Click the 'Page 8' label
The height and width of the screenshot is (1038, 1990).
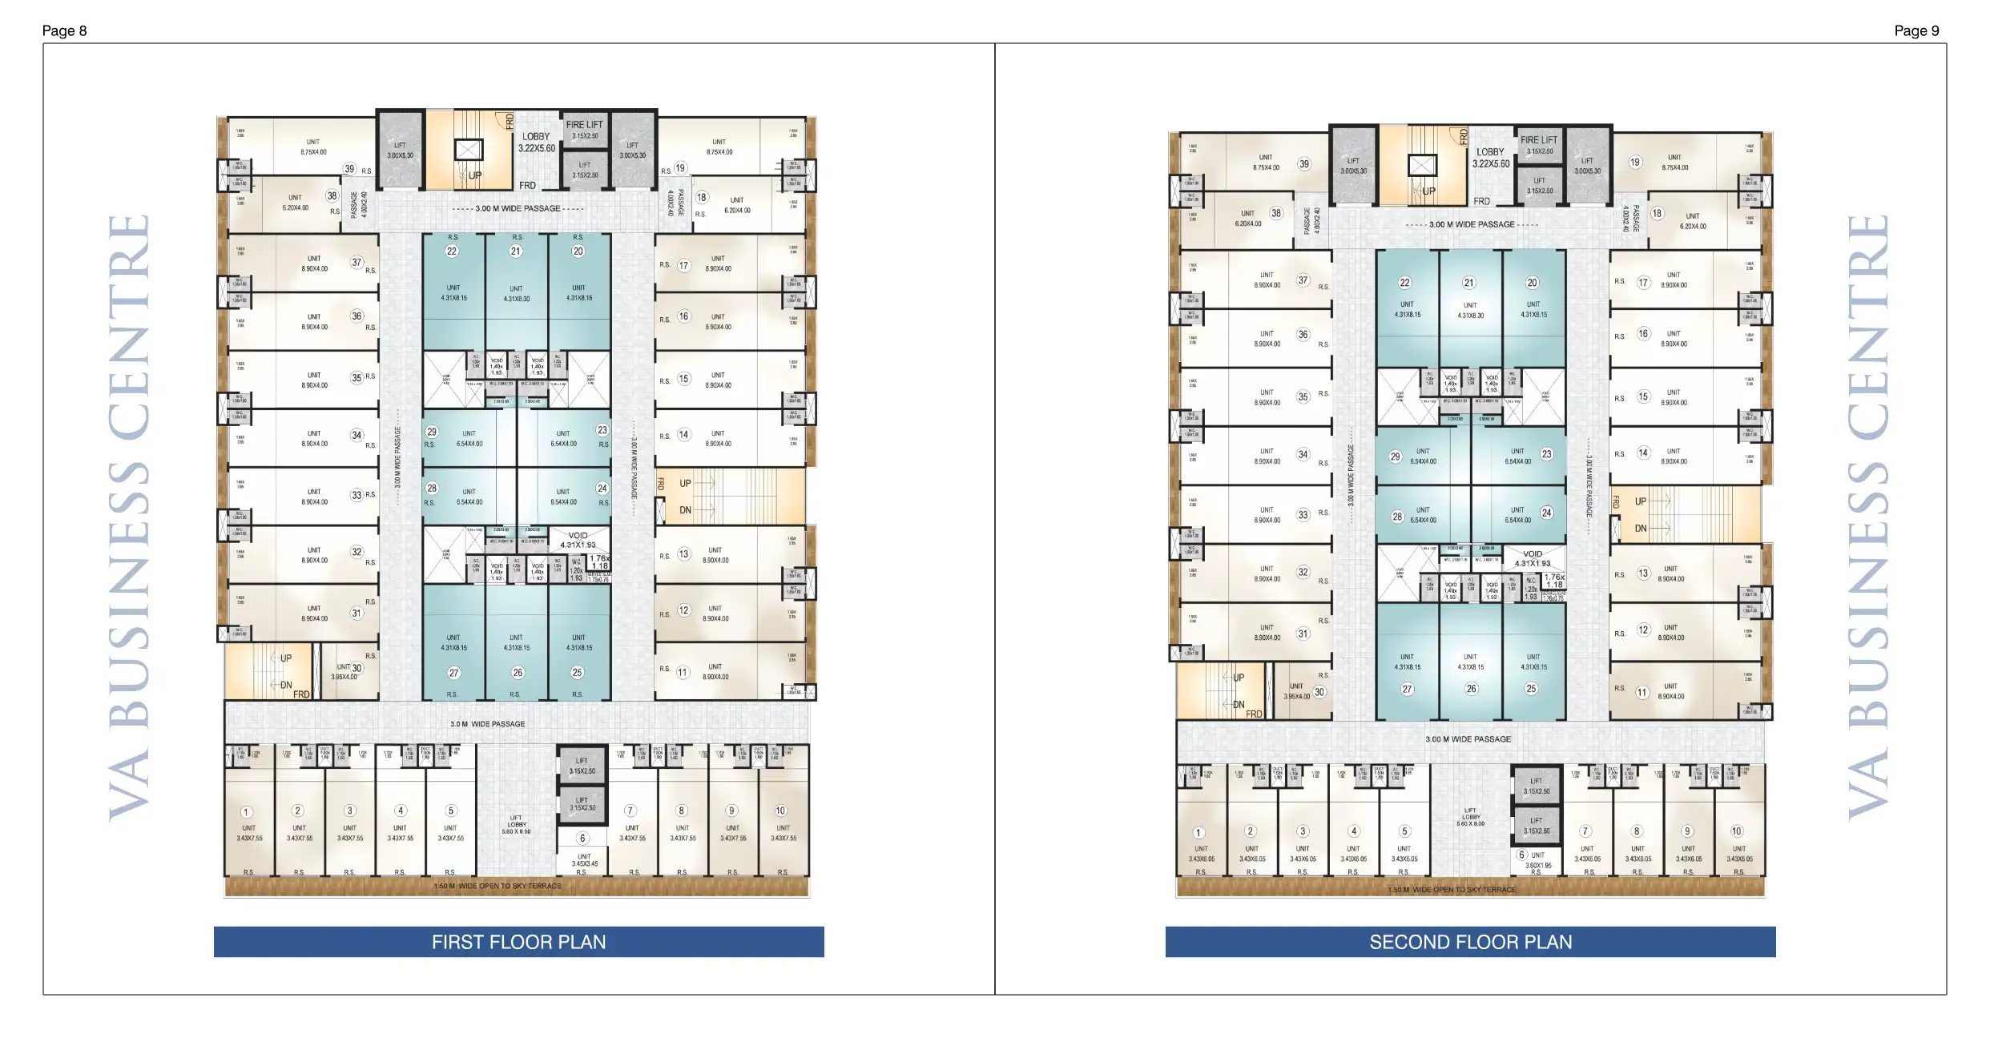[x=64, y=31]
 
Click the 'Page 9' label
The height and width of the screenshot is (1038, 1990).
[x=1916, y=31]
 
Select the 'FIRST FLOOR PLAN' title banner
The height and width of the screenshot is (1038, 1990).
[x=518, y=942]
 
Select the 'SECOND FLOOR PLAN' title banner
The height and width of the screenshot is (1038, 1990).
[x=1470, y=942]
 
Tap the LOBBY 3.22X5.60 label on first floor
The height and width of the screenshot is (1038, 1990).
[x=536, y=143]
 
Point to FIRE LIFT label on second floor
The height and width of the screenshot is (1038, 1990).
[x=1539, y=140]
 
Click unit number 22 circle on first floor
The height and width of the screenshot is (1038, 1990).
[x=452, y=251]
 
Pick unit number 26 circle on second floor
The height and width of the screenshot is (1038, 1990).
[x=1471, y=689]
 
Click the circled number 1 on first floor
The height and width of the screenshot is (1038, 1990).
[x=247, y=812]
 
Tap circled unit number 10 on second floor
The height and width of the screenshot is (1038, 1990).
[x=1737, y=831]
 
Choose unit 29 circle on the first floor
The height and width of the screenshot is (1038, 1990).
[x=431, y=432]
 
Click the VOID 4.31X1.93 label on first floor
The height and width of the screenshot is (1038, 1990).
[x=578, y=540]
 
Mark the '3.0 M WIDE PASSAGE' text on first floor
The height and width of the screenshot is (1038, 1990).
[x=487, y=724]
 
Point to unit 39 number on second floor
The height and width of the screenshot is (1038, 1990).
[x=1304, y=164]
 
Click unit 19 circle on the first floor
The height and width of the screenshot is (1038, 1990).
[x=680, y=168]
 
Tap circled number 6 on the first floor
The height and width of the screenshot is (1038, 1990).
[x=582, y=839]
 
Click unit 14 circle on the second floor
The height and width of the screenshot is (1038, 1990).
[x=1643, y=453]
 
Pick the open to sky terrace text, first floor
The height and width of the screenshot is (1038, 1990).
[x=497, y=887]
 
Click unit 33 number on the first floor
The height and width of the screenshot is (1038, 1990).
[x=357, y=495]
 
